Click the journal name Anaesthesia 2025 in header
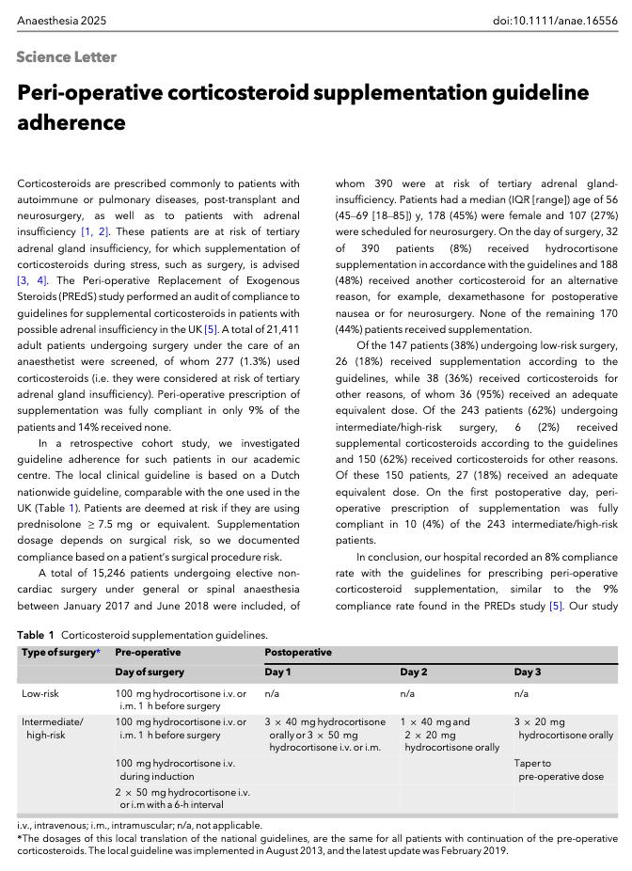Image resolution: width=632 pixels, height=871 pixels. click(59, 19)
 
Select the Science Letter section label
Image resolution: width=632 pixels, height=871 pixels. click(67, 57)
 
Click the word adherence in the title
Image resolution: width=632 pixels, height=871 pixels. click(71, 123)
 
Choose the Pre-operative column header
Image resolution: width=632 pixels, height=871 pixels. click(148, 651)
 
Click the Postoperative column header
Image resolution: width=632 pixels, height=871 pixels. click(298, 651)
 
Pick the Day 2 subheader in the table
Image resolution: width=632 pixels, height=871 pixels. click(415, 672)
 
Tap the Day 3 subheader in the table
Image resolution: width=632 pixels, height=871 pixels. click(528, 672)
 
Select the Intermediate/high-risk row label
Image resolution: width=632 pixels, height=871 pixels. click(53, 728)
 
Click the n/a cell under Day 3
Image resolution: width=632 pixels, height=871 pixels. click(522, 694)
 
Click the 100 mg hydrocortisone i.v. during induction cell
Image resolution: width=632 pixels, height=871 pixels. click(175, 770)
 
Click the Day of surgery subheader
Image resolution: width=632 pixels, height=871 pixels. click(150, 672)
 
